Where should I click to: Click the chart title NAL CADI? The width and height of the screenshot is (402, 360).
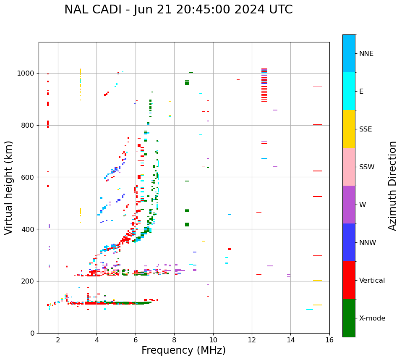click(178, 10)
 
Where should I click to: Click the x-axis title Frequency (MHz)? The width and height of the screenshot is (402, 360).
click(183, 350)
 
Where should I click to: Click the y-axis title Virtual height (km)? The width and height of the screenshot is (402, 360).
click(9, 188)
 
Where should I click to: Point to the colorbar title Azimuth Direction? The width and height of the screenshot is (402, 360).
click(392, 186)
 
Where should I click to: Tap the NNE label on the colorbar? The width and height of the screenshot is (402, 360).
click(366, 54)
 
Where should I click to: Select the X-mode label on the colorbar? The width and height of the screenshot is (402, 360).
click(372, 318)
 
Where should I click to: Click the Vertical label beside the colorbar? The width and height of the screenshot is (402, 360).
click(372, 281)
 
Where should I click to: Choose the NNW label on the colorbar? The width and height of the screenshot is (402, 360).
click(368, 243)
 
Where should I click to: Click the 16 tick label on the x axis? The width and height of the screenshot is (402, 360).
click(329, 340)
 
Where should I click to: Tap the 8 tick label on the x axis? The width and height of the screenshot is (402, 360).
click(174, 340)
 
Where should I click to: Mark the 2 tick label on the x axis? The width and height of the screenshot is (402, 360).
click(58, 340)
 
